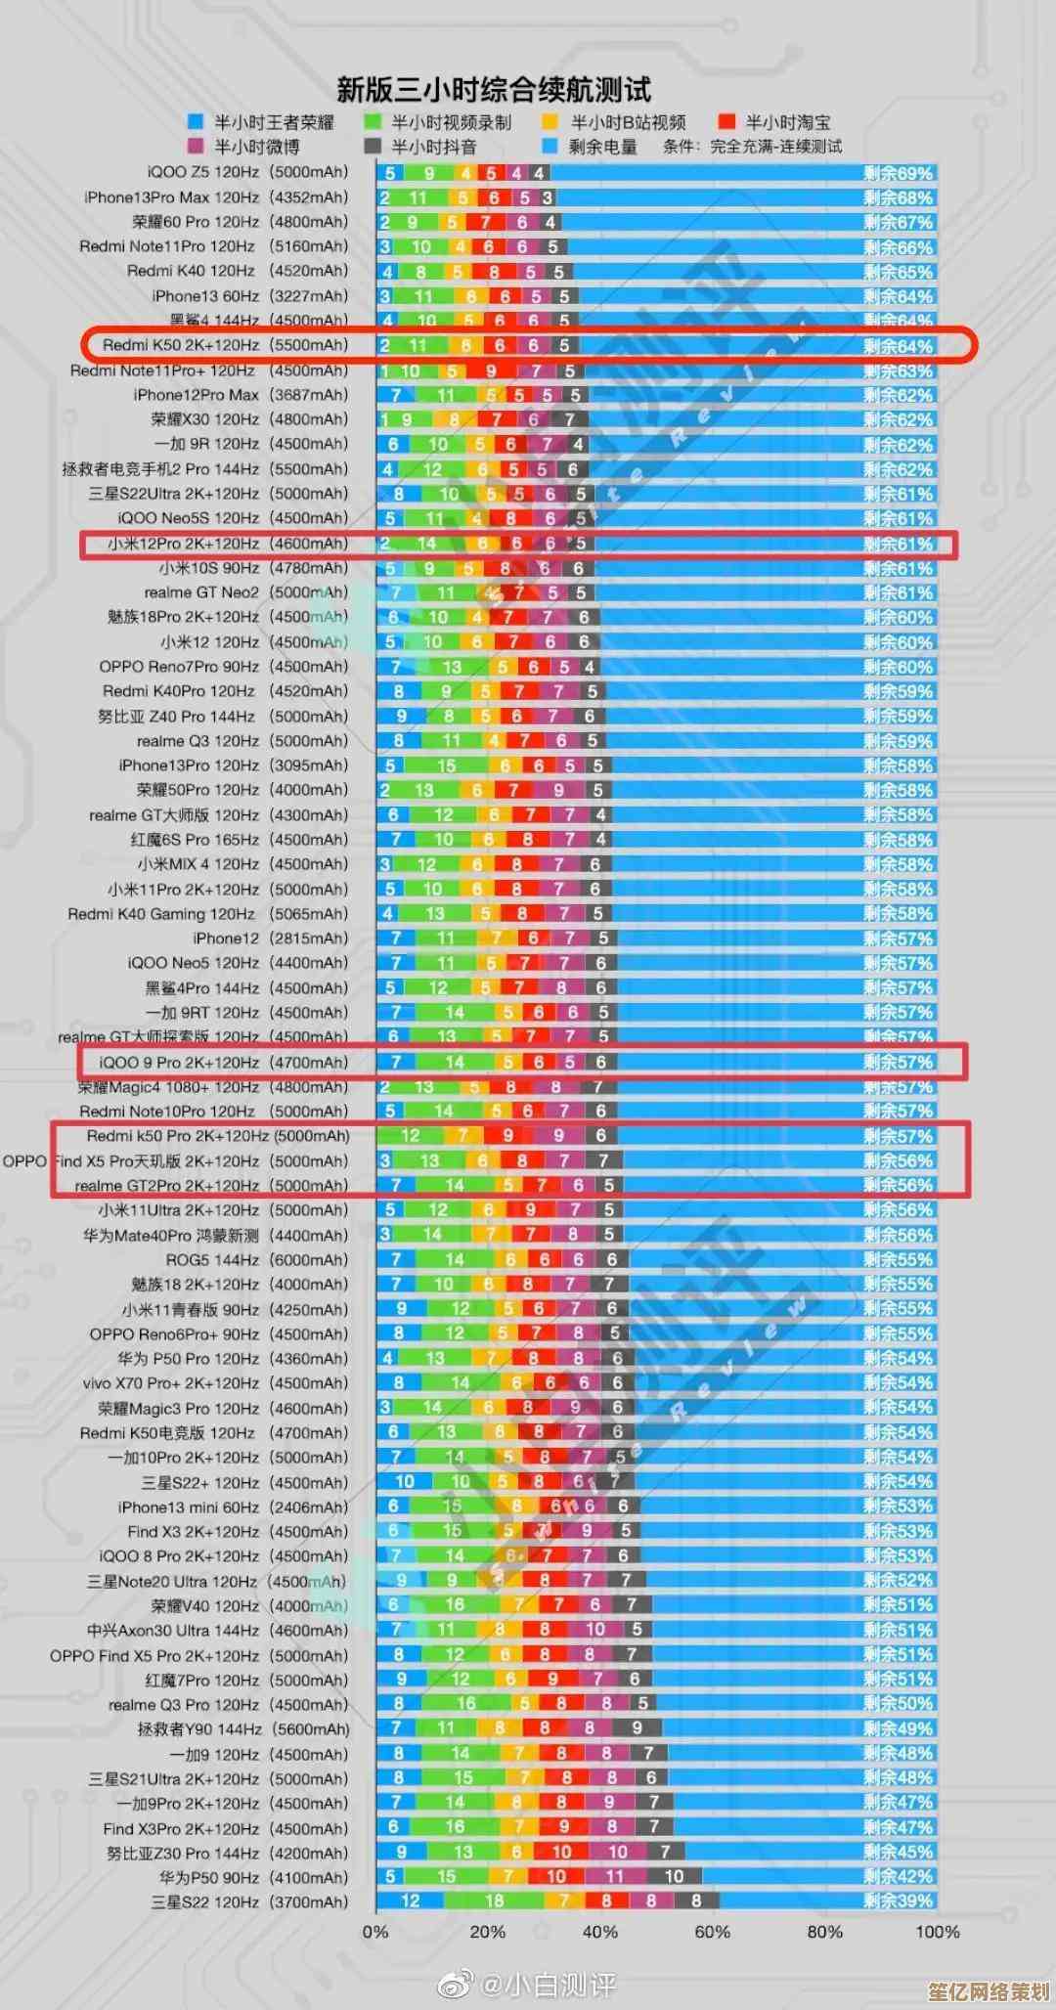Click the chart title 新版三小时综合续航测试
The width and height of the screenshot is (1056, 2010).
[493, 90]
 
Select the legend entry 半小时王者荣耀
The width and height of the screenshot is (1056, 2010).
[274, 122]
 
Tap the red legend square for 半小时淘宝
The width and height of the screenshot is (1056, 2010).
[726, 121]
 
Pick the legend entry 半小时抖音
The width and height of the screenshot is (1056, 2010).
[433, 147]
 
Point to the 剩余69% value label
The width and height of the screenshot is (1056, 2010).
[898, 173]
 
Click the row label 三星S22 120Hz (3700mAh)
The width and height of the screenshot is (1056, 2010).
[249, 1901]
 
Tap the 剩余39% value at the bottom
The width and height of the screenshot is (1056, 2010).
[898, 1901]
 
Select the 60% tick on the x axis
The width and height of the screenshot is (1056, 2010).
[712, 1932]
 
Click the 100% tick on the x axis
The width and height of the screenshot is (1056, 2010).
[937, 1932]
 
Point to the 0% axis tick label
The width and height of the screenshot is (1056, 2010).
[375, 1932]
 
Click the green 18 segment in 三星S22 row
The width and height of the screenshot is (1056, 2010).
[495, 1901]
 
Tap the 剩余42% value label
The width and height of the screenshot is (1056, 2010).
[898, 1876]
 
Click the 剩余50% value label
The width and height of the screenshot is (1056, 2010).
[898, 1703]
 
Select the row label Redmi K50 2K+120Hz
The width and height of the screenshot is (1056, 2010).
[225, 345]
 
